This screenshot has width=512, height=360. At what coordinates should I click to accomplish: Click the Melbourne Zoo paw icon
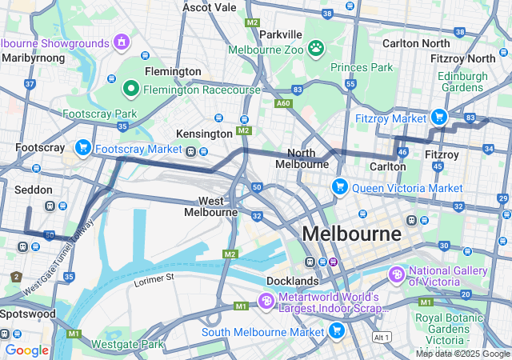pyautogui.click(x=318, y=48)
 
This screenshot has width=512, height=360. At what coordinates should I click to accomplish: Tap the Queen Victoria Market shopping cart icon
pyautogui.click(x=340, y=187)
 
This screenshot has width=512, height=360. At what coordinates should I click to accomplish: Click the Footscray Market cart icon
pyautogui.click(x=82, y=148)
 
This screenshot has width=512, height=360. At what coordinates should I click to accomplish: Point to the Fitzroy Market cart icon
pyautogui.click(x=438, y=118)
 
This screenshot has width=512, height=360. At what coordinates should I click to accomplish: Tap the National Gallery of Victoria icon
pyautogui.click(x=397, y=274)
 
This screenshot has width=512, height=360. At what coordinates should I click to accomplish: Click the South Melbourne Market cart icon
pyautogui.click(x=336, y=330)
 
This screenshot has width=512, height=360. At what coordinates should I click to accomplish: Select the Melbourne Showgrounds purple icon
pyautogui.click(x=122, y=41)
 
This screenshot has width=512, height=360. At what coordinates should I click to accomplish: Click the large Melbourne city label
pyautogui.click(x=351, y=234)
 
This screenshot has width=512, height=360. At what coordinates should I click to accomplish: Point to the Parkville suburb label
pyautogui.click(x=281, y=34)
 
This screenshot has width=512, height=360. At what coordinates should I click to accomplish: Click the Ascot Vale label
pyautogui.click(x=210, y=7)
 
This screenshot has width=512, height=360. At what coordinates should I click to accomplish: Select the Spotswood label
pyautogui.click(x=28, y=314)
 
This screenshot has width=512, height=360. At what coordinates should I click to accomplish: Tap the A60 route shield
pyautogui.click(x=283, y=103)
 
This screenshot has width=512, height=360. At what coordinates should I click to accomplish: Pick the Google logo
pyautogui.click(x=26, y=350)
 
